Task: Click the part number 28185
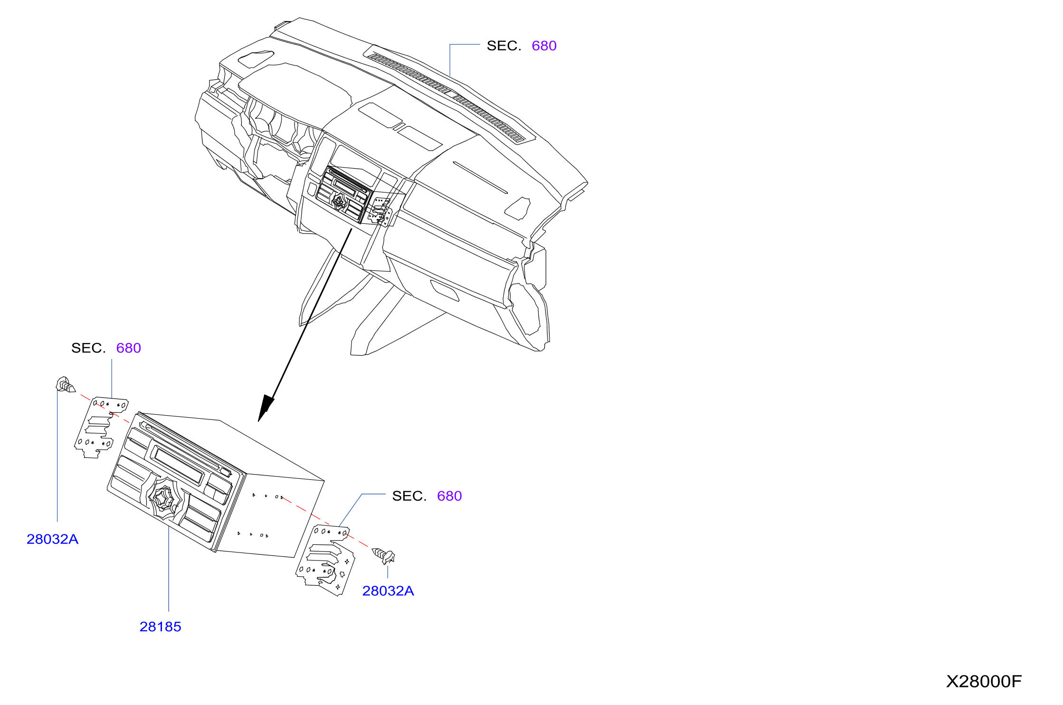click(161, 627)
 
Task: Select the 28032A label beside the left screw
click(52, 539)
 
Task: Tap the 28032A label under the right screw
click(388, 591)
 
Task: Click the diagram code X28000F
click(984, 682)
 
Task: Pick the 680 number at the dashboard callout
click(544, 46)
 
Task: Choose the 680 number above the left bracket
click(129, 348)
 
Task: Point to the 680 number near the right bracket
click(449, 496)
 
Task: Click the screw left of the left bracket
click(66, 385)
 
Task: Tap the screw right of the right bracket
click(384, 555)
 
